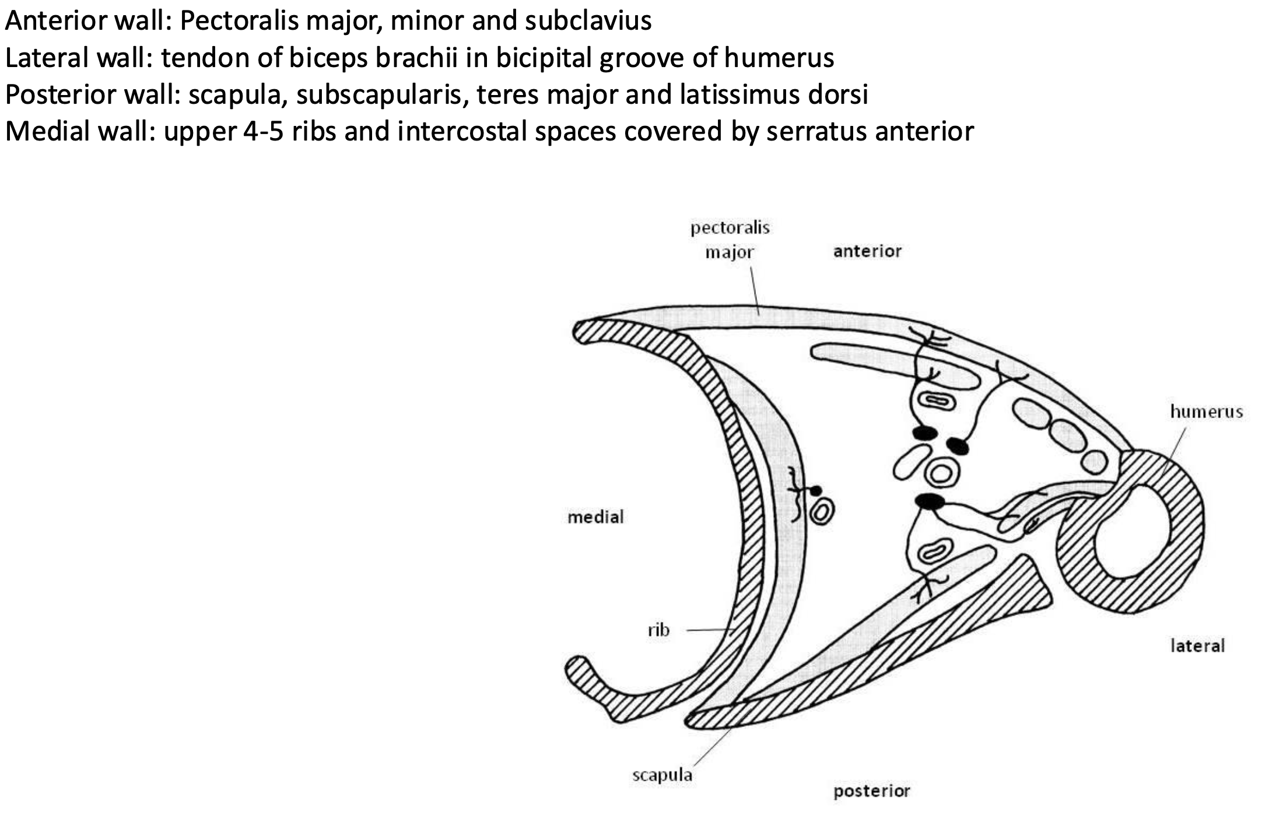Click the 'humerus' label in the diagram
pyautogui.click(x=1206, y=412)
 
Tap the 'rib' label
pyautogui.click(x=658, y=630)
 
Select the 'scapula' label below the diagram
pyautogui.click(x=662, y=775)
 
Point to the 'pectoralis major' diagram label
pyautogui.click(x=730, y=240)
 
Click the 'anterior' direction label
pyautogui.click(x=867, y=251)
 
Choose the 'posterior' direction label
pyautogui.click(x=871, y=791)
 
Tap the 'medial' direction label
pyautogui.click(x=595, y=517)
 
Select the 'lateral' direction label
pyautogui.click(x=1197, y=646)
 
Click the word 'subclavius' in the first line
pyautogui.click(x=587, y=21)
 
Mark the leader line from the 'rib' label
pyautogui.click(x=709, y=630)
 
